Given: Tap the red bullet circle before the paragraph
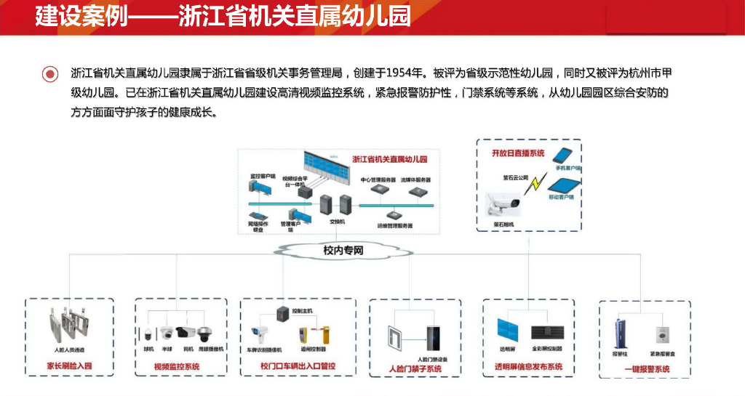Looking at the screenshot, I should pos(50,73).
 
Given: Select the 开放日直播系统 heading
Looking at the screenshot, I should pos(518,153).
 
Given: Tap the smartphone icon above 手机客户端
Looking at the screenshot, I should pos(565,156).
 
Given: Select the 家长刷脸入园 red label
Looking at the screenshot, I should pos(70,365).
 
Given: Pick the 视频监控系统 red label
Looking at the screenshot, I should pos(177,366).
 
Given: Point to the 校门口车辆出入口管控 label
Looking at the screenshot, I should pos(298,366).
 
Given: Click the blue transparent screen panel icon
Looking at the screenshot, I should pos(507,331).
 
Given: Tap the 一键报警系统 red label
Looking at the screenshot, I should pos(647,369).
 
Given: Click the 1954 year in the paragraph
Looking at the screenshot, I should pos(402,73).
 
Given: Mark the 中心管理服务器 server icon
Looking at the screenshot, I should pos(377,190).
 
